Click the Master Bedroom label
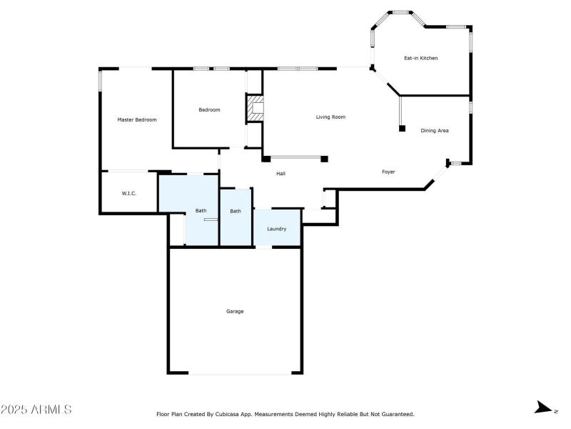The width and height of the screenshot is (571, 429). (x=136, y=119)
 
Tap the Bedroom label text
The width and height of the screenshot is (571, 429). (x=209, y=109)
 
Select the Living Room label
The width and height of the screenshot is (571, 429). (x=330, y=117)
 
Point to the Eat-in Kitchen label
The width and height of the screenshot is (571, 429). (x=421, y=58)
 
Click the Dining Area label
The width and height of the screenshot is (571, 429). (x=434, y=130)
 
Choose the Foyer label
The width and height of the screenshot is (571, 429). (x=388, y=172)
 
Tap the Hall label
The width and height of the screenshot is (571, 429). (x=281, y=173)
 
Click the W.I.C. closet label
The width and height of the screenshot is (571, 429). (x=128, y=193)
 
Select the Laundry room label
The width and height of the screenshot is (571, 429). (x=277, y=229)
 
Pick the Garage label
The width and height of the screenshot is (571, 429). (x=235, y=311)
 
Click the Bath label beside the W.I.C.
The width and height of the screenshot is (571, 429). (x=201, y=210)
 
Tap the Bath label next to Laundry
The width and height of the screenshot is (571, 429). (x=236, y=211)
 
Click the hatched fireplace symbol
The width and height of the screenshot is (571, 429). (x=256, y=109)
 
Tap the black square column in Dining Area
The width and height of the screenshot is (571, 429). (x=402, y=129)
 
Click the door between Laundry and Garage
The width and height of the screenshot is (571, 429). (x=263, y=247)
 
